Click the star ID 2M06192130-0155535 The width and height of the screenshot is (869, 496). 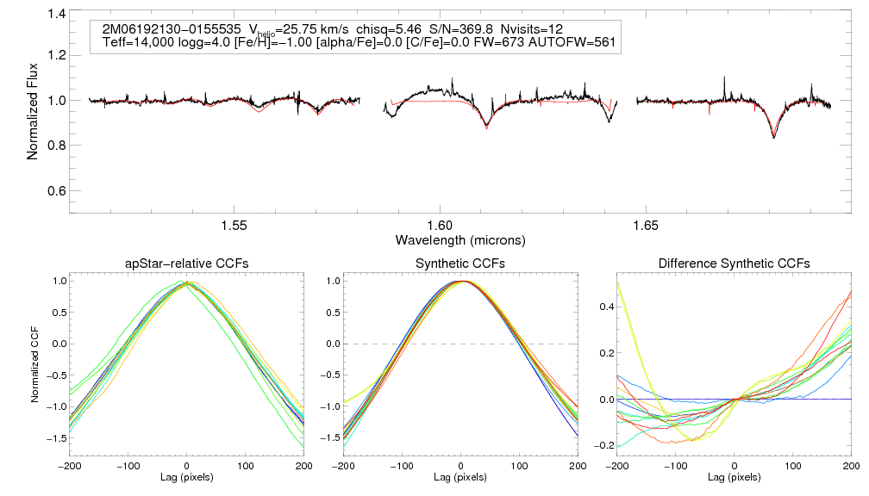(x=171, y=28)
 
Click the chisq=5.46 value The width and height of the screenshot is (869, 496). (x=392, y=28)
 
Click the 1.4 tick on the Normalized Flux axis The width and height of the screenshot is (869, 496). (x=57, y=15)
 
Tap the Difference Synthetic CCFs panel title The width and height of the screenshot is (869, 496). (x=734, y=263)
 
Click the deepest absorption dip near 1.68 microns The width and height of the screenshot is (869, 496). (x=773, y=136)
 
